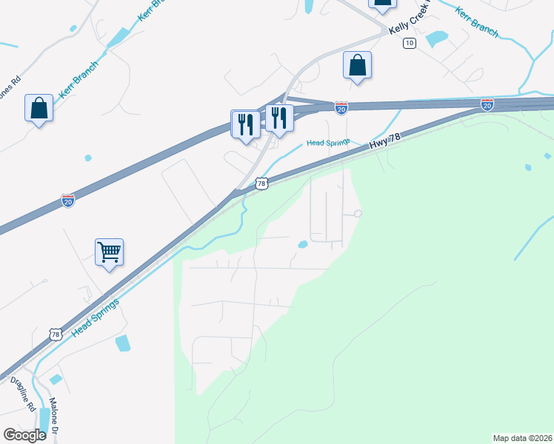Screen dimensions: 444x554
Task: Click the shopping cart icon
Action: (109, 252)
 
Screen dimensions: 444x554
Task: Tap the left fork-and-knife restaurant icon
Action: (245, 123)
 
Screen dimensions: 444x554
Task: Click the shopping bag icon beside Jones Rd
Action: (39, 108)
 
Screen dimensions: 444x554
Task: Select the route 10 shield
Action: (410, 44)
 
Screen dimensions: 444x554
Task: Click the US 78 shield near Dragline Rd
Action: (56, 335)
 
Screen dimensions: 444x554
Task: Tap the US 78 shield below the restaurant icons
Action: (261, 184)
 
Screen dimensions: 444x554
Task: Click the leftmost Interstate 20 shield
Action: (67, 201)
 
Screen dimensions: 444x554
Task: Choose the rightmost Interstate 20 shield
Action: (487, 104)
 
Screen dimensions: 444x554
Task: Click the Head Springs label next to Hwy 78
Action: (328, 142)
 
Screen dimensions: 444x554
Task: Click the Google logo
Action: (25, 435)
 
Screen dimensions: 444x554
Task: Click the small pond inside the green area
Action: (302, 244)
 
